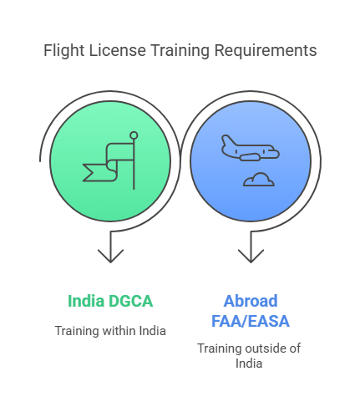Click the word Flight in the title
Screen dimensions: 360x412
click(63, 51)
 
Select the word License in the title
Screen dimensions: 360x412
click(117, 50)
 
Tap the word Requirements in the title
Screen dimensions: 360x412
click(266, 51)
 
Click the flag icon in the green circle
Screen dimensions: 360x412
click(110, 160)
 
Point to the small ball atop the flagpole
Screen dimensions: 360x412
click(134, 135)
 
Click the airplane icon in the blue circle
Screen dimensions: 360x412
click(250, 148)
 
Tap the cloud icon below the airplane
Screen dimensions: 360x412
click(259, 180)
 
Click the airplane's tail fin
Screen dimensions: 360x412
click(228, 141)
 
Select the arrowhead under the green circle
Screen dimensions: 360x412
click(110, 257)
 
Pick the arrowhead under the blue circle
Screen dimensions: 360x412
click(251, 257)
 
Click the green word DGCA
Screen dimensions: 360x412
click(130, 301)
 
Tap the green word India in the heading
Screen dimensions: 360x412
click(86, 301)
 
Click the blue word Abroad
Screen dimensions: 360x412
click(251, 301)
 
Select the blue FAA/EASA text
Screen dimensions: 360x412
click(251, 321)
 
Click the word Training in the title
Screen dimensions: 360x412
click(180, 51)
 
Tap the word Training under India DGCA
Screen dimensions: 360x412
click(77, 331)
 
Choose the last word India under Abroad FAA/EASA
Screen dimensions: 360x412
click(249, 364)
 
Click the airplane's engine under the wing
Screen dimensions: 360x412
click(250, 157)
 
